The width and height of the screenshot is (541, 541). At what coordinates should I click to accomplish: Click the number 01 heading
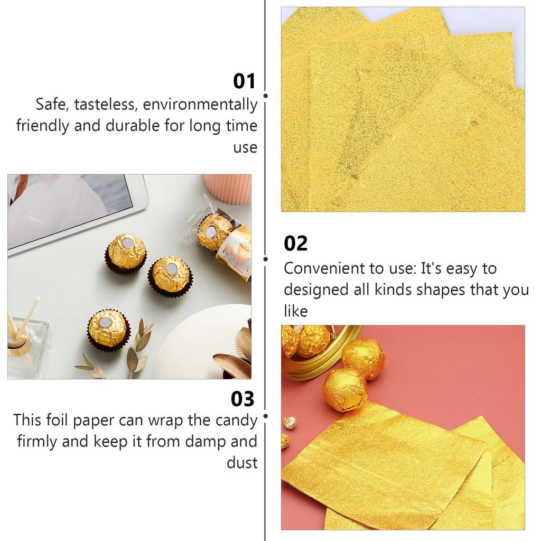244,81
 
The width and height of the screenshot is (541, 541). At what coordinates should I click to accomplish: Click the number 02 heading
295,244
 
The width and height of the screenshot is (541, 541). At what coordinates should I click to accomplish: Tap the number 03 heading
242,399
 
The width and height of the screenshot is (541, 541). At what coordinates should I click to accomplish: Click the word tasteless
105,104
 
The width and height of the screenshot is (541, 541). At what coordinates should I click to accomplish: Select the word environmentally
200,104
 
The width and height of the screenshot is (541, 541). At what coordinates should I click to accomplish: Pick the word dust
242,463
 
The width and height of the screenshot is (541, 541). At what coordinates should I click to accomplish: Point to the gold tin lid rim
317,370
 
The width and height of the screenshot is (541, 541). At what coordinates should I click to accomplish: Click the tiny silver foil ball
290,423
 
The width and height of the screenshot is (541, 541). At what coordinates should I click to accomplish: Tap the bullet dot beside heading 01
265,96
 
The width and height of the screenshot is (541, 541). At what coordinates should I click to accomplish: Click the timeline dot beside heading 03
265,416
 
